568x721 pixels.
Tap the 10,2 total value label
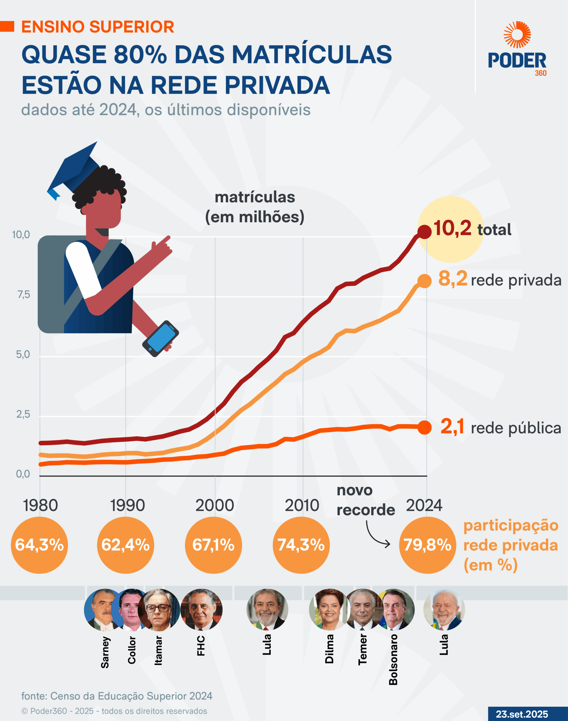coord(472,229)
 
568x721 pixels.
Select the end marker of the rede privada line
coord(424,281)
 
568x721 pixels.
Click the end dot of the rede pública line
coord(424,428)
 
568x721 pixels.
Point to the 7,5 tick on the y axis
coord(23,295)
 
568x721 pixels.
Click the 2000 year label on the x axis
coord(214,505)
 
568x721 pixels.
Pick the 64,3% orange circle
coord(39,545)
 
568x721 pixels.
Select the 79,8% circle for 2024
coord(427,545)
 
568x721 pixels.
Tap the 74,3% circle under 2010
coord(301,545)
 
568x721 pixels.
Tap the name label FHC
coord(201,646)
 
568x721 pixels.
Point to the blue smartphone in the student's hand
coord(160,339)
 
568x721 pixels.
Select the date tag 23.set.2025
coord(522,714)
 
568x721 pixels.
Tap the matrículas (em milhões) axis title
coord(255,207)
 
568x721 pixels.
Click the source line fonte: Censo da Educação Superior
coord(117,696)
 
